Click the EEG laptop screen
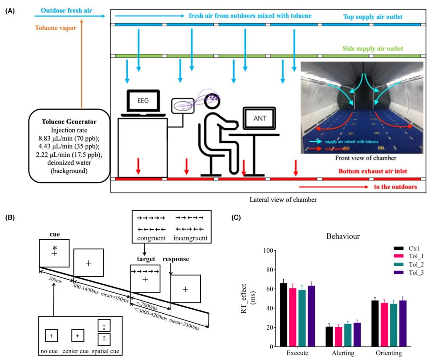pyautogui.click(x=142, y=101)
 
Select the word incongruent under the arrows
pyautogui.click(x=190, y=238)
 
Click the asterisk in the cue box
pyautogui.click(x=55, y=248)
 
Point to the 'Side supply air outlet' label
pyautogui.click(x=372, y=49)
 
